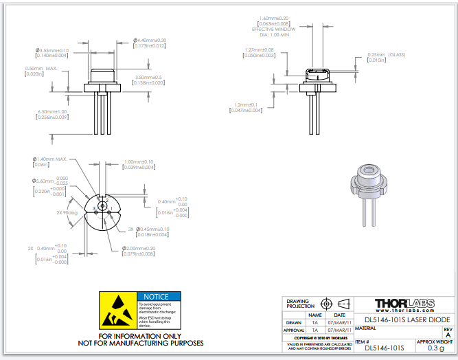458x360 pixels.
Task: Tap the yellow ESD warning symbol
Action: coord(118,309)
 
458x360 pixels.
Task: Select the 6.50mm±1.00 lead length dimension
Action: coord(52,111)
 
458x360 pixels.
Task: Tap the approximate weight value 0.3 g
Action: coord(435,348)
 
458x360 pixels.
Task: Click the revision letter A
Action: coord(448,335)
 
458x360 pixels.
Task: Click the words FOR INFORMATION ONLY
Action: coord(141,336)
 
